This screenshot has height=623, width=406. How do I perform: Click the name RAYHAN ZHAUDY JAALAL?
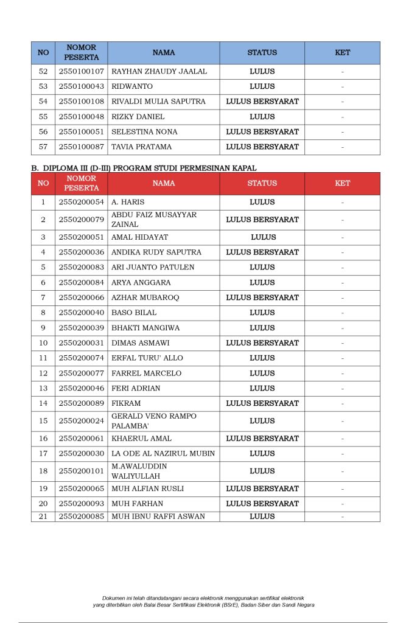point(159,71)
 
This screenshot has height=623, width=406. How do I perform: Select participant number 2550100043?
point(82,86)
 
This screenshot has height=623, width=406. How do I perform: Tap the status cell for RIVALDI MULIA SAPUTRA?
point(262,102)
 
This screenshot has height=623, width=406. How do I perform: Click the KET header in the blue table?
point(343,53)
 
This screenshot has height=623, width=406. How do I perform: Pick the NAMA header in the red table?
point(164,183)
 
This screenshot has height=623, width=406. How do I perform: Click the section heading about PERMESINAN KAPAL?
point(144,167)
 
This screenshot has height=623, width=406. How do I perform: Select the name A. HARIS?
point(128,202)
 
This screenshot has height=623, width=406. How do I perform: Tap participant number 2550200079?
point(82,219)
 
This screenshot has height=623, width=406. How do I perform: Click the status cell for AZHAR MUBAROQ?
point(262,298)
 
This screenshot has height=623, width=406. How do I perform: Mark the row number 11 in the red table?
point(43,358)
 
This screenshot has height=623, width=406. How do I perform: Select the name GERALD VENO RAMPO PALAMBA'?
point(154,420)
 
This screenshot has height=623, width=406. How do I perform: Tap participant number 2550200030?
point(82,453)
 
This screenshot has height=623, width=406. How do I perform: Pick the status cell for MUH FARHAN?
point(262,504)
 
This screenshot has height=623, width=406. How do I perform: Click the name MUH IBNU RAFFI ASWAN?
point(158,517)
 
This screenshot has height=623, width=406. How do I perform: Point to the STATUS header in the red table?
point(262,183)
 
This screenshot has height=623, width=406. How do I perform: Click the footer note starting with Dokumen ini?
point(203,601)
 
